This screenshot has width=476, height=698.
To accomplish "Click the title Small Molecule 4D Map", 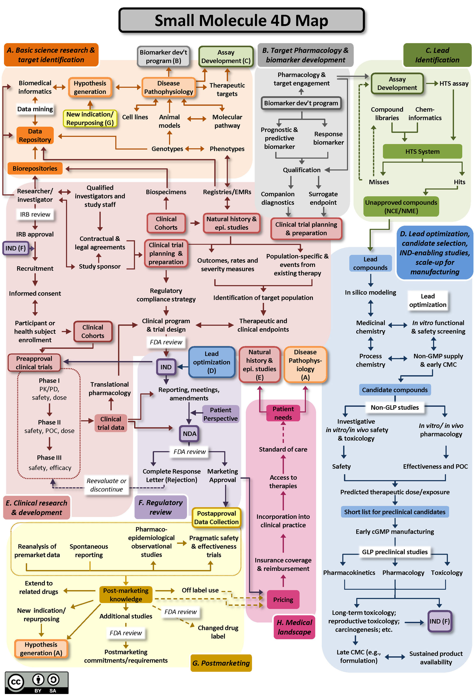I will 241,20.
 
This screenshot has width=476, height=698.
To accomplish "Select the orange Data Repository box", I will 35,135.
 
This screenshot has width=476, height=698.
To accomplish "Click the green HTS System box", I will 422,151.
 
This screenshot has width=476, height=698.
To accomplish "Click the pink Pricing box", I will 283,600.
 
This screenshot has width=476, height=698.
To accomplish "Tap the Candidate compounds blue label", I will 394,390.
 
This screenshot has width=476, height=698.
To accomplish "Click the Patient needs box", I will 283,413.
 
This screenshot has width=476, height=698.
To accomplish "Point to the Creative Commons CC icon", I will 16,682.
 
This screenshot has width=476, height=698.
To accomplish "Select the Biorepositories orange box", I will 35,168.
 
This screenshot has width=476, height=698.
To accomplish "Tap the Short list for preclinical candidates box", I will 394,512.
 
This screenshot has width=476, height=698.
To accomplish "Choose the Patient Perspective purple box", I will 220,414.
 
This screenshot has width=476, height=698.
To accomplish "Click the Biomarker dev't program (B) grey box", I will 163,57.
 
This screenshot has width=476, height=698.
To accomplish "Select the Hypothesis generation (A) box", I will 41,648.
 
